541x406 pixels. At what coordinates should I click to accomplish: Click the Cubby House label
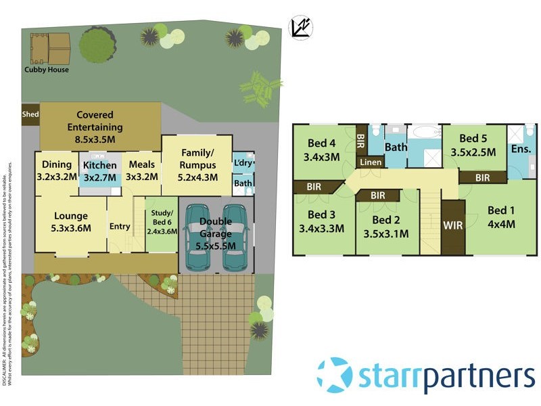[x=47, y=70]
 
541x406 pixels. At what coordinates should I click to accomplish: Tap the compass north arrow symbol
[x=300, y=26]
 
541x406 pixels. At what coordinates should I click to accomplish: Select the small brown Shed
[x=30, y=114]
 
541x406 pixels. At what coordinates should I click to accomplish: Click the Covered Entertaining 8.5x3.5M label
[x=99, y=127]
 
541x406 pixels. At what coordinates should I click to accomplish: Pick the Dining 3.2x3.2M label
[x=57, y=171]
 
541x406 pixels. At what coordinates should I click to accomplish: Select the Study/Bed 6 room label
[x=162, y=222]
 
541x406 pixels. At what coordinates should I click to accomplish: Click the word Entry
[x=120, y=226]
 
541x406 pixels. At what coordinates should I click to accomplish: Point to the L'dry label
[x=243, y=163]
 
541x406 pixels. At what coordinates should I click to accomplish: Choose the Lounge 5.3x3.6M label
[x=71, y=221]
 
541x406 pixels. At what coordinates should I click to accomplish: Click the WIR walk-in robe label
[x=453, y=225]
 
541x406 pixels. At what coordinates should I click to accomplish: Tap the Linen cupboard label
[x=371, y=162]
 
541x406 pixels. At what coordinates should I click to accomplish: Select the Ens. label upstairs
[x=521, y=150]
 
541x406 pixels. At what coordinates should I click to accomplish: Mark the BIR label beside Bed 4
[x=360, y=141]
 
